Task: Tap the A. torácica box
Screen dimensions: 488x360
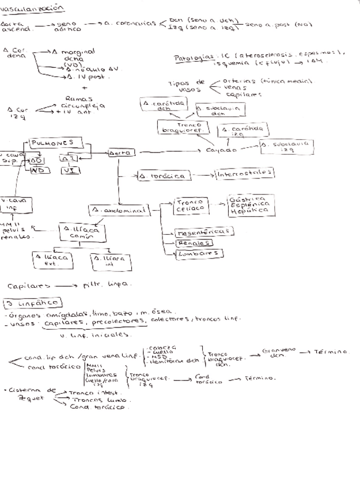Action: point(163,176)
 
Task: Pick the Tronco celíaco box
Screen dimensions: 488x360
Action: point(190,206)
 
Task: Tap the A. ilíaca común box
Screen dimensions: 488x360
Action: point(81,232)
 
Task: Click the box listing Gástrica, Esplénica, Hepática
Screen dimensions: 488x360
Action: point(249,205)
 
